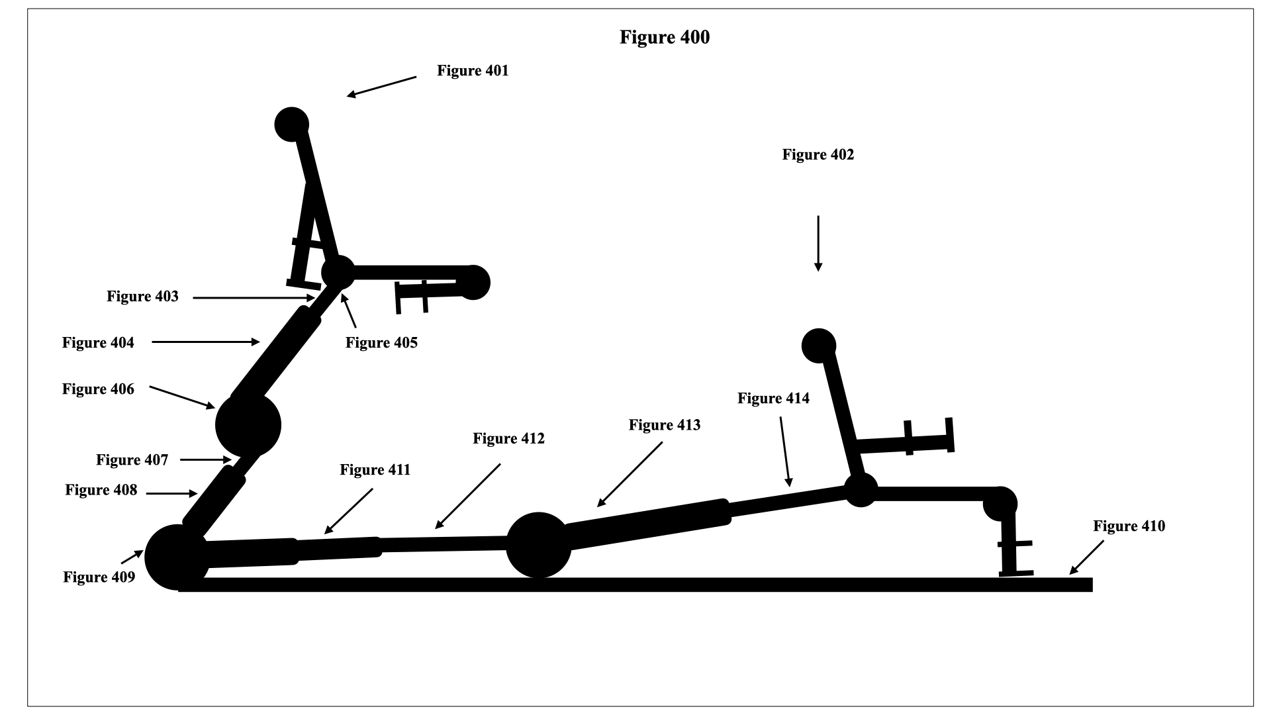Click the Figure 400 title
pos(664,37)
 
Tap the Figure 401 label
pos(473,71)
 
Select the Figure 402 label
pos(818,155)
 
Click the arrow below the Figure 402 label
pos(818,242)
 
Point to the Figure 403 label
pos(142,297)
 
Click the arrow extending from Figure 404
pos(205,342)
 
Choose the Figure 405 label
pos(381,343)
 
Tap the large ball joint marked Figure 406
pos(248,425)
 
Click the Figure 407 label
pos(132,460)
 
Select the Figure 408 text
pos(101,491)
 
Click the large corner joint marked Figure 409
pos(175,557)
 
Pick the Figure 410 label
pos(1129,526)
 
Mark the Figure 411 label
pos(375,470)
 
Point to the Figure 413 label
pos(664,425)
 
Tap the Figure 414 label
pos(773,399)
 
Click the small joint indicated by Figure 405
pos(338,272)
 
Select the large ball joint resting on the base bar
pos(538,545)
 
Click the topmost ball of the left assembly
pos(291,124)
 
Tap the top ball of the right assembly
pos(818,346)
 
